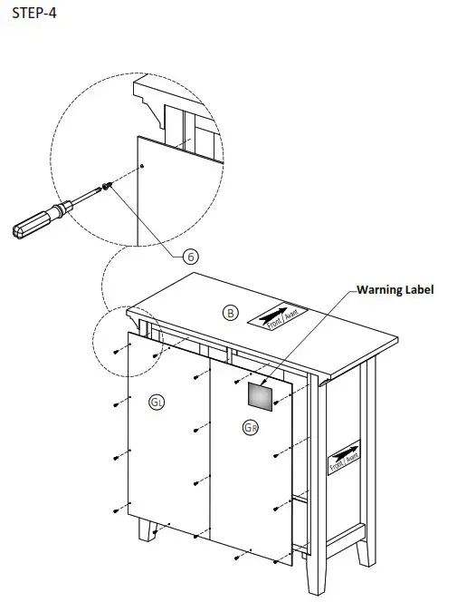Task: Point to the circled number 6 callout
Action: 192,256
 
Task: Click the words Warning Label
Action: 395,290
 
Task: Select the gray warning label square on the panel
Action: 261,395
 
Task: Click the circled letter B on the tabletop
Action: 231,313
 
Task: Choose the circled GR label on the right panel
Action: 251,426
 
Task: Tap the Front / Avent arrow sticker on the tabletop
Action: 278,317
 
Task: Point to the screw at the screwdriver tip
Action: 109,186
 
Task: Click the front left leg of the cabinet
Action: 146,529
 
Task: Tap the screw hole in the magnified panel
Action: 143,166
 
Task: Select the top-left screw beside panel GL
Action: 117,351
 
